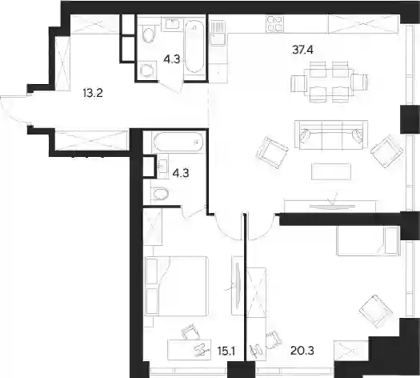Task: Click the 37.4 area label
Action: (x=302, y=50)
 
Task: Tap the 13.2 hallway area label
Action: (x=93, y=93)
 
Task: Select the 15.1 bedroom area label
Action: (x=226, y=351)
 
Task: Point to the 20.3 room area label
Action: (x=302, y=351)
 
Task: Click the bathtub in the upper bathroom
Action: (x=194, y=47)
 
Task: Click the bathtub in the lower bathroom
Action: (x=178, y=142)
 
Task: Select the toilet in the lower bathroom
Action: (x=160, y=194)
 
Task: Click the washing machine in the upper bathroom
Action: (x=146, y=70)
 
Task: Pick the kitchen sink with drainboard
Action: (x=218, y=33)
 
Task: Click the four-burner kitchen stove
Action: (x=275, y=23)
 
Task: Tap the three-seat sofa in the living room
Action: (x=331, y=135)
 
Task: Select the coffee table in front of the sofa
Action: (x=331, y=171)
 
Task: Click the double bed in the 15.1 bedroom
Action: (x=177, y=286)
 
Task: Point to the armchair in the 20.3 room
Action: (x=375, y=311)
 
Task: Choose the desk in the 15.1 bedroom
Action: (x=189, y=350)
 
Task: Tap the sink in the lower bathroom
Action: (x=162, y=166)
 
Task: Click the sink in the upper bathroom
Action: (x=171, y=23)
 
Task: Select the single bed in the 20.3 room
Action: (x=368, y=241)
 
